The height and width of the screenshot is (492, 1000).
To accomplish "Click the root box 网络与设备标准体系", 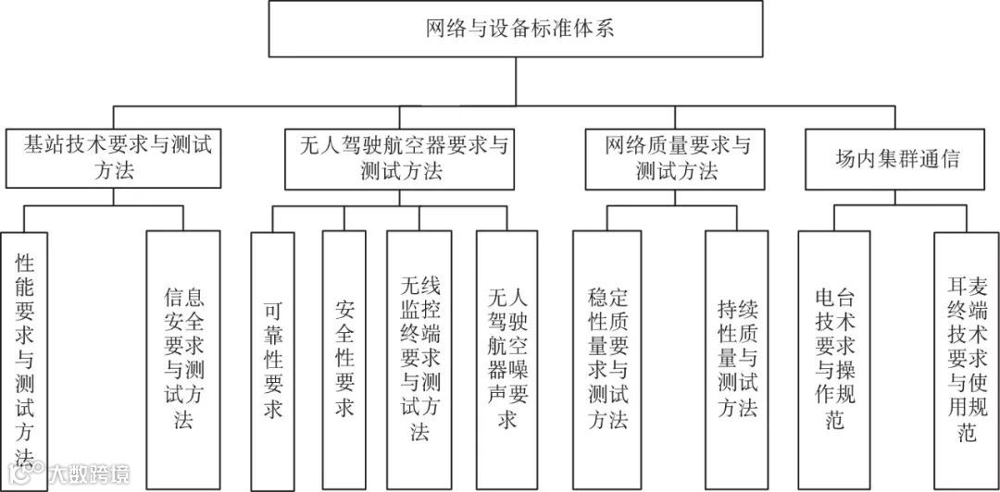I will click(517, 28).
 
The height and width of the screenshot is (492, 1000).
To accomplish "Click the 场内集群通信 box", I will click(894, 158).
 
